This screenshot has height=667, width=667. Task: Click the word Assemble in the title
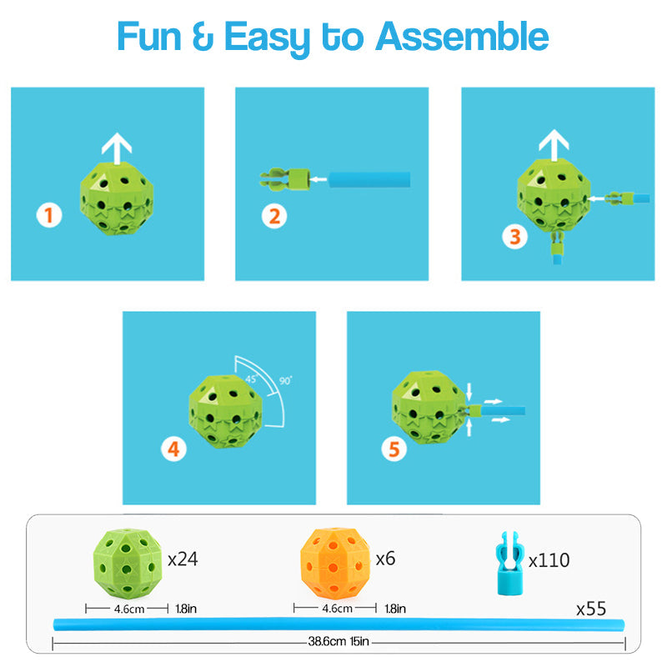point(462,37)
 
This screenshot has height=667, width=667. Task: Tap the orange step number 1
point(49,215)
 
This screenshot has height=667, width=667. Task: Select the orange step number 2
point(274,216)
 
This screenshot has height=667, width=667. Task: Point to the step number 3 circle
point(514,237)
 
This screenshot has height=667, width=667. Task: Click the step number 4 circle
point(173,449)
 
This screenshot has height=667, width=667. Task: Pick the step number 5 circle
point(394,449)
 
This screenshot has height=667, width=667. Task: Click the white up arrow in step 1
point(117,148)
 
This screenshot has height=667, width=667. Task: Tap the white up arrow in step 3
point(554,145)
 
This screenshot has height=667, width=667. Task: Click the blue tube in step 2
point(369,179)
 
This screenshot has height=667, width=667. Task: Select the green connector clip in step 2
point(284,179)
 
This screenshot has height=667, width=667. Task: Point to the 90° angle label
point(286,380)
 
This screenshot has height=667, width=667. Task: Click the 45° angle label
point(251,379)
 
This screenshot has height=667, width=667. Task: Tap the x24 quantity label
point(183,559)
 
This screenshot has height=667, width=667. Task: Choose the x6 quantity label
point(385,559)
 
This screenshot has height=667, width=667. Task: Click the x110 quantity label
point(549,560)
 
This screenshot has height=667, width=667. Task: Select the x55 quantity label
point(591,609)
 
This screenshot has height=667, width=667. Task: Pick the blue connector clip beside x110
point(509,563)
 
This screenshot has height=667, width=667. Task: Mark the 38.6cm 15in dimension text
point(339,641)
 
